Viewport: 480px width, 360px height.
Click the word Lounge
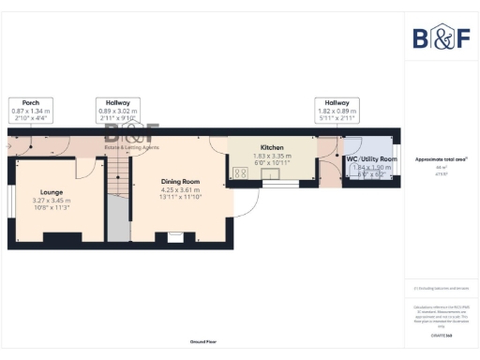(x=52, y=191)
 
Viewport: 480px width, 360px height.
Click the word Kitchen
(x=272, y=148)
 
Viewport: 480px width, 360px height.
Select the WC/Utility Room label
(x=371, y=159)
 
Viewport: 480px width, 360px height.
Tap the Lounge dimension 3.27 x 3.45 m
(x=52, y=201)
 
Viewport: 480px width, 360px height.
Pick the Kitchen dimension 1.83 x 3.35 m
(x=272, y=157)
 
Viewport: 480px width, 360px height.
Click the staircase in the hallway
(x=116, y=178)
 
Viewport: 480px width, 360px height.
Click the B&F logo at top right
(x=442, y=37)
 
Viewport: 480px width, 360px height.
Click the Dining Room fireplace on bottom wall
(x=174, y=238)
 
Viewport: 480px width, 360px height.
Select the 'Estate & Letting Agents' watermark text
(x=131, y=147)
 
